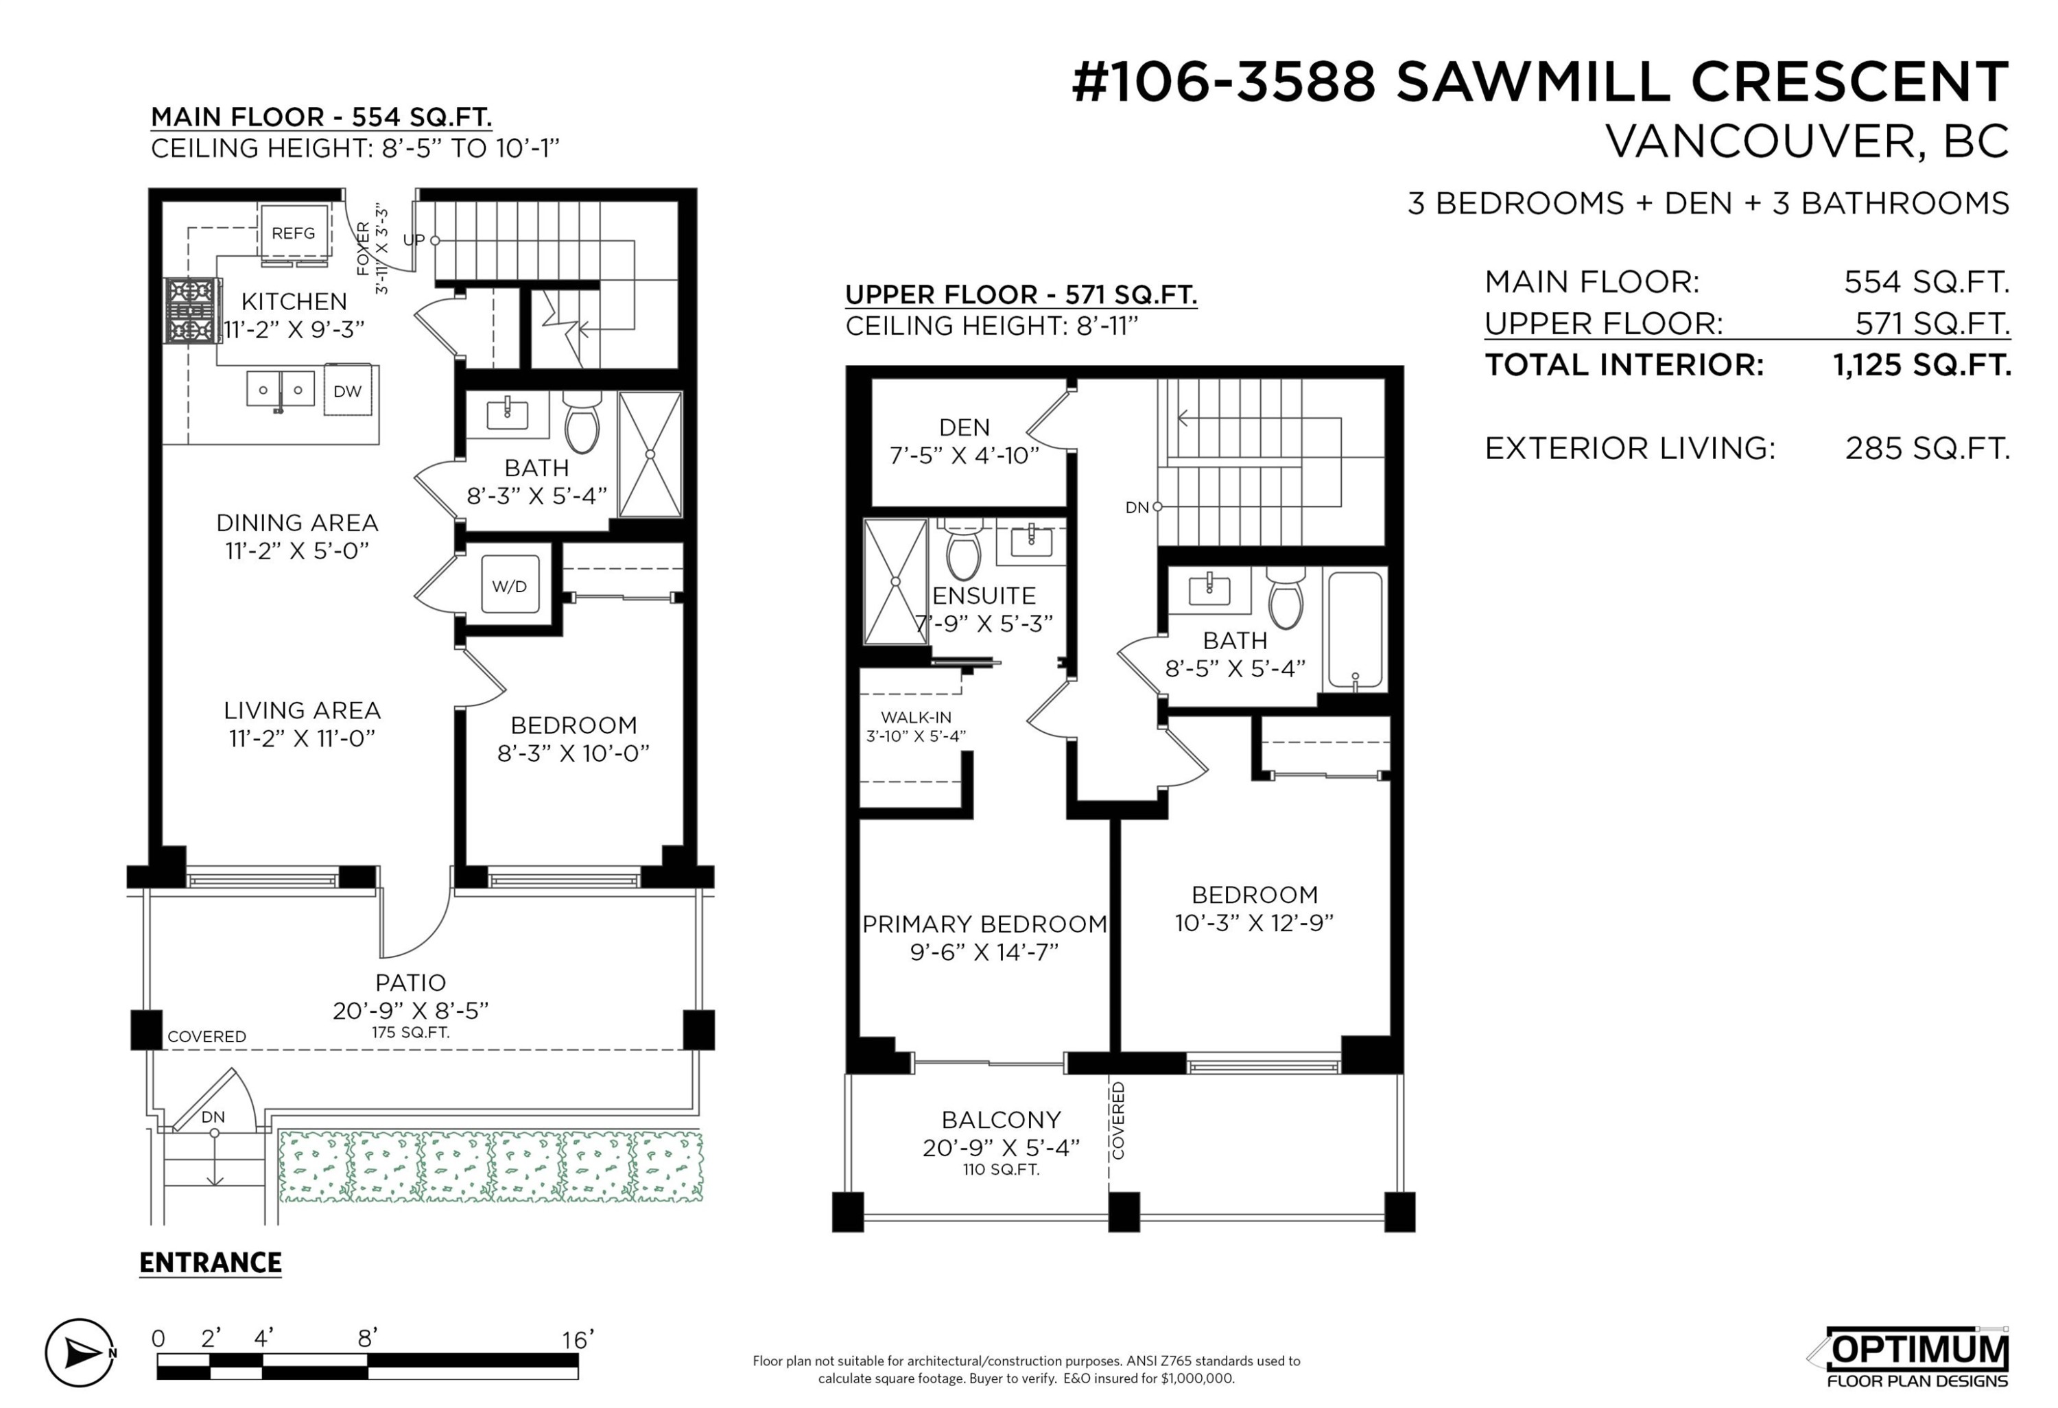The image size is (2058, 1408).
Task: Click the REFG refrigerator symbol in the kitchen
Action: pos(293,233)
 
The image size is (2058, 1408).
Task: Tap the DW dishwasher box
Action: pos(347,390)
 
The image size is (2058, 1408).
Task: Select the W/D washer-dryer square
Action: pos(509,585)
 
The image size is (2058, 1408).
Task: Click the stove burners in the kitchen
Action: pos(192,311)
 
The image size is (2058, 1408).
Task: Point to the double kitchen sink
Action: pos(280,390)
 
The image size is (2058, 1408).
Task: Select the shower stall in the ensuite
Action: pos(895,582)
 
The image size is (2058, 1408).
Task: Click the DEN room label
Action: pos(965,427)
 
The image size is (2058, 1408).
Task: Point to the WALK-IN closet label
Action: pos(916,717)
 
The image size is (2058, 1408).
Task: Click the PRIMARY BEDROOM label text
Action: pos(984,924)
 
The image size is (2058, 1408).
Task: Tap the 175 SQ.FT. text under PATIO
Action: pos(411,1033)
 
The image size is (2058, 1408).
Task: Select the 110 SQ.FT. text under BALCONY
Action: pos(1001,1170)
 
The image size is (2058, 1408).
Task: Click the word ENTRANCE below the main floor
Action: pos(211,1263)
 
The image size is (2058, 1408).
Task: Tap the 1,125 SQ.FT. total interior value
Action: pos(1921,365)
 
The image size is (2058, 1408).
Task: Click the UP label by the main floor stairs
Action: pos(414,240)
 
